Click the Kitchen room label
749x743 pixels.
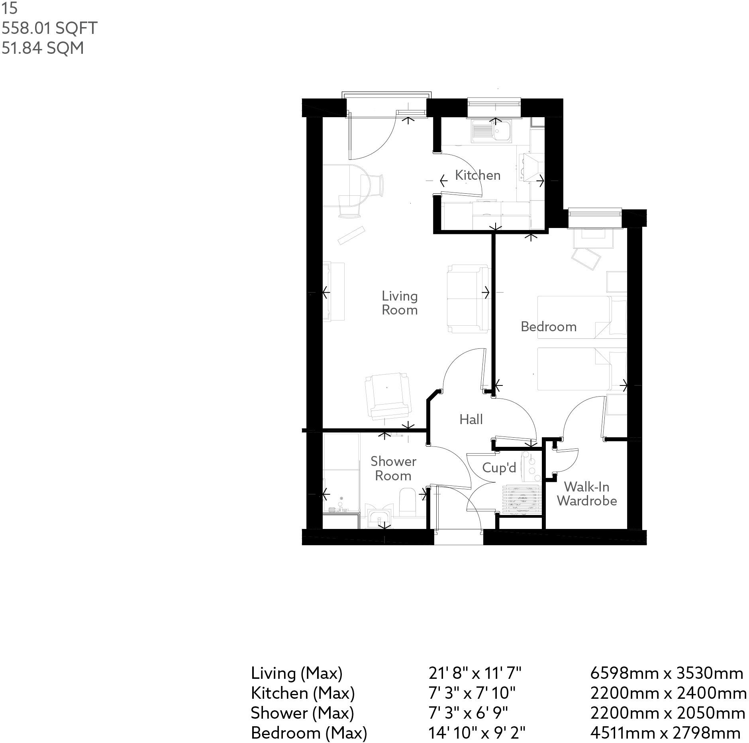coord(477,175)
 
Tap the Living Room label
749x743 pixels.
coord(399,303)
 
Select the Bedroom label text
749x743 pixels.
coord(548,327)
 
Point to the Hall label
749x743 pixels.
coord(471,419)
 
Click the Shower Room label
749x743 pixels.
coord(393,468)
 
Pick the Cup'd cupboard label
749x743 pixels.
coord(499,468)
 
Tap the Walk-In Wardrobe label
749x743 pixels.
coord(586,493)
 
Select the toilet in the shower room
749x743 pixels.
coord(407,501)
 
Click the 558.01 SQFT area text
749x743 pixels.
coord(49,28)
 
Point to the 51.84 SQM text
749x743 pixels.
coord(43,48)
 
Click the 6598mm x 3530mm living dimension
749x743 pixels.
coord(666,673)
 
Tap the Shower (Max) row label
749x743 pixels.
coord(302,713)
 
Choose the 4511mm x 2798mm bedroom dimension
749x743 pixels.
coord(665,733)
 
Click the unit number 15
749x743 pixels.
coord(10,9)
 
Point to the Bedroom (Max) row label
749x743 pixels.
coord(309,733)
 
